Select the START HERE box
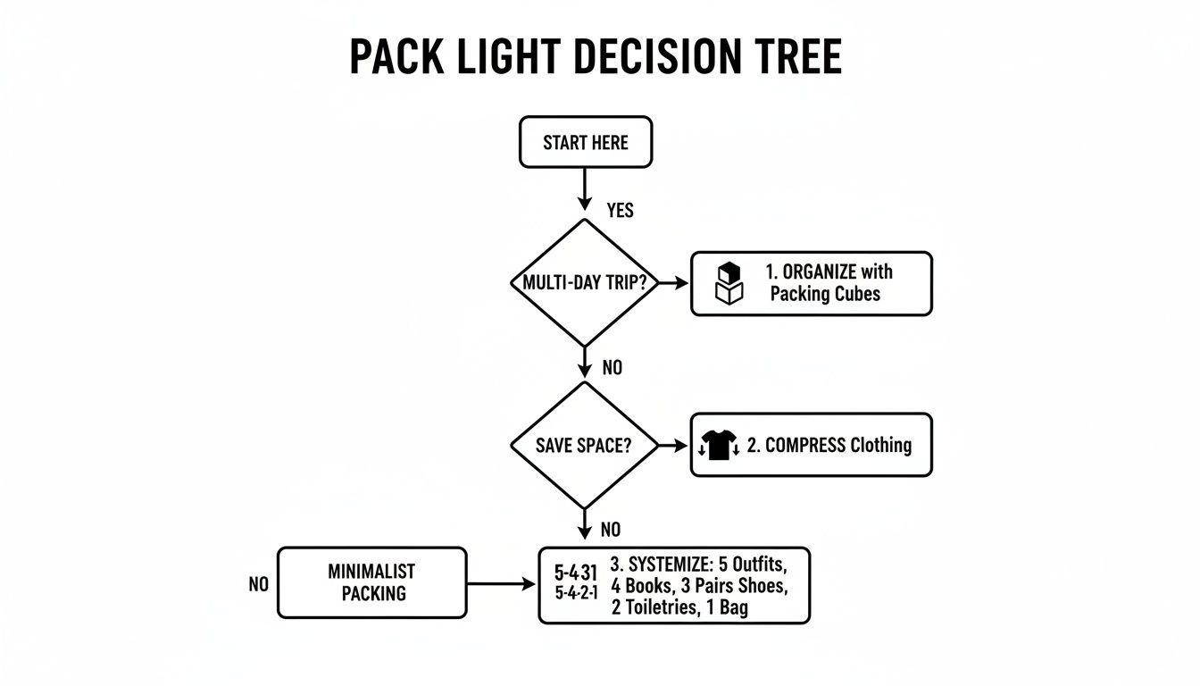pyautogui.click(x=586, y=142)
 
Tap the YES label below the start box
pyautogui.click(x=620, y=210)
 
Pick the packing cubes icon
pyautogui.click(x=729, y=283)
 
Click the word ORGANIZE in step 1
pyautogui.click(x=819, y=272)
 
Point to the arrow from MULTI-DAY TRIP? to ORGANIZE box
pyautogui.click(x=673, y=282)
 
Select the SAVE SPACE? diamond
pyautogui.click(x=584, y=445)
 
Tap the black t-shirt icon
pyautogui.click(x=718, y=445)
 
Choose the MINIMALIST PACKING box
pyautogui.click(x=371, y=582)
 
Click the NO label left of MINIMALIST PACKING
pyautogui.click(x=258, y=584)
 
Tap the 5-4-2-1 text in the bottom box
pyautogui.click(x=576, y=592)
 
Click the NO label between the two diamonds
pyautogui.click(x=612, y=367)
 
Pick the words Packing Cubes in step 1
pyautogui.click(x=824, y=294)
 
